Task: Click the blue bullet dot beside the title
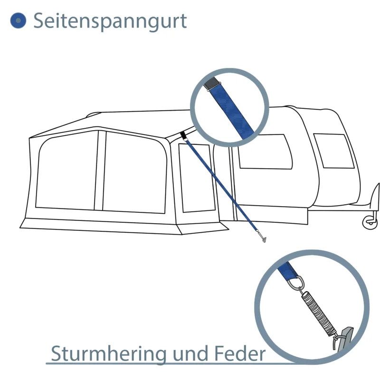18,20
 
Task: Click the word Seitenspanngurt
110,21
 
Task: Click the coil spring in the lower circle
319,313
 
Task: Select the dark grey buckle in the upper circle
212,84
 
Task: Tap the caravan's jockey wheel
370,222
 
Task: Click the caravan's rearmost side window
334,151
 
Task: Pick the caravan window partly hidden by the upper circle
266,152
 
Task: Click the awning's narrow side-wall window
197,178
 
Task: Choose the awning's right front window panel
135,172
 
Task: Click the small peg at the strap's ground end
262,236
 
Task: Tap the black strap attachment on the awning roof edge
184,136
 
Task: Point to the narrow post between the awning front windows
100,171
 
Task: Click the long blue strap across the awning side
222,185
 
